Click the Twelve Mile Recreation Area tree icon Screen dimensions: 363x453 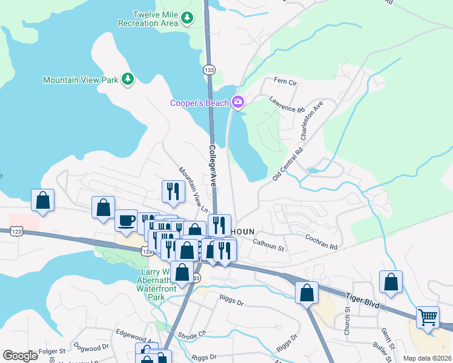point(188,18)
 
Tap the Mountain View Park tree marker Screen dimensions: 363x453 point(127,79)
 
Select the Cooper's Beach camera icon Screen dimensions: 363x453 point(237,102)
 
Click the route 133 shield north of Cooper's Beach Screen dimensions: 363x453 point(209,70)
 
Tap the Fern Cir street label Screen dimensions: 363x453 point(285,81)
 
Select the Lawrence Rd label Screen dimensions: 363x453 point(286,105)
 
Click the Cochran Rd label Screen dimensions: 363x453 point(320,243)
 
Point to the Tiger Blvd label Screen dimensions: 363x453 point(362,301)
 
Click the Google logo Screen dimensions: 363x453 point(20,356)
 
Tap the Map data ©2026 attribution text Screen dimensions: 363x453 point(427,358)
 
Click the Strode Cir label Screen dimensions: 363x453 point(193,334)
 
